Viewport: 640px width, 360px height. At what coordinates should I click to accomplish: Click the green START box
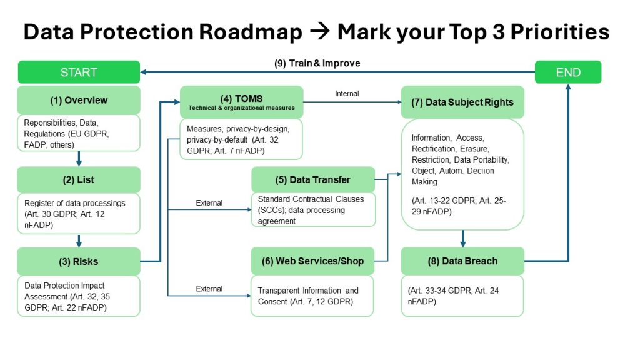(79, 72)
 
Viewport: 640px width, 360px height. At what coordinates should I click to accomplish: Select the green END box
(567, 72)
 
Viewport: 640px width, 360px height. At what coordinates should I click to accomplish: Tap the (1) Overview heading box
(79, 100)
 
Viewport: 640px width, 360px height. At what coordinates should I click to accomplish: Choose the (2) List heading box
(79, 179)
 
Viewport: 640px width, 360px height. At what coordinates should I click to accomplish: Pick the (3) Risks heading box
(79, 262)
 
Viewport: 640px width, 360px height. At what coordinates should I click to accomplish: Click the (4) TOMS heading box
(242, 102)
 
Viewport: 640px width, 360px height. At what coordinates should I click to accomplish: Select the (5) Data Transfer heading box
(313, 179)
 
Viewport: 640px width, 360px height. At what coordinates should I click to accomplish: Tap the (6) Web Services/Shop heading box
(312, 261)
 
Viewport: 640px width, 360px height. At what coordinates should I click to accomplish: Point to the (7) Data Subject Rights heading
(462, 102)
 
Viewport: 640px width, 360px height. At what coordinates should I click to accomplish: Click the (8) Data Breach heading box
(462, 261)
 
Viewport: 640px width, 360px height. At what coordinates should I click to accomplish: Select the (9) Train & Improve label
(317, 63)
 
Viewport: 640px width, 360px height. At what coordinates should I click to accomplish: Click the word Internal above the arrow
(347, 94)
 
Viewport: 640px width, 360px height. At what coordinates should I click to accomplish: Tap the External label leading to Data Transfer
(209, 203)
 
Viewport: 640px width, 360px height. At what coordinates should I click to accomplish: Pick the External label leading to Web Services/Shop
(209, 289)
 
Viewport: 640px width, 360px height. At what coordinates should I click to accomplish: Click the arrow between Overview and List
(79, 158)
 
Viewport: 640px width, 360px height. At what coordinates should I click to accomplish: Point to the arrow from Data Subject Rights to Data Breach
(462, 239)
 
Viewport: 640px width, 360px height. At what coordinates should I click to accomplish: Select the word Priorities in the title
(559, 32)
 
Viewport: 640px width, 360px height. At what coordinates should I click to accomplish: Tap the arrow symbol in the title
(320, 32)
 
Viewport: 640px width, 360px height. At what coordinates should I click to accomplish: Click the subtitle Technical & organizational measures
(242, 107)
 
